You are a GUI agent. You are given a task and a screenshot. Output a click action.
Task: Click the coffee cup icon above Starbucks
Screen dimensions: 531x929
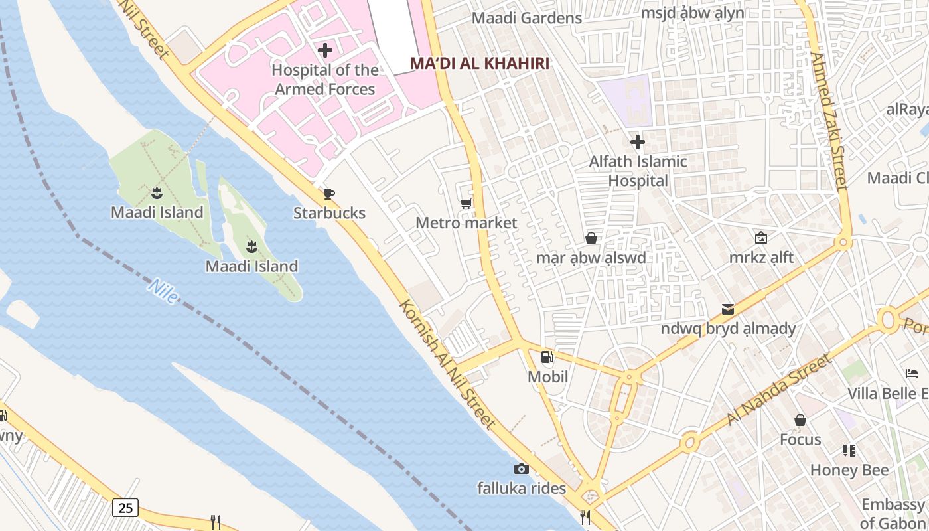[328, 194]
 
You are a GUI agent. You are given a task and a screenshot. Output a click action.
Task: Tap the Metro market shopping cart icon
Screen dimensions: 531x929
[466, 203]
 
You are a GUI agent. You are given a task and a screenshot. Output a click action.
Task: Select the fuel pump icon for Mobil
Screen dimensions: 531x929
[547, 358]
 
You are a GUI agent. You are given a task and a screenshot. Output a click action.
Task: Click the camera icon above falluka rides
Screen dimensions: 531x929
[522, 469]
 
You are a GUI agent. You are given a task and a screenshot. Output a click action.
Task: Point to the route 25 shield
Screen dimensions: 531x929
[125, 508]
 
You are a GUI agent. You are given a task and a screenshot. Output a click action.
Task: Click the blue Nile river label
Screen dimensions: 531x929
[163, 291]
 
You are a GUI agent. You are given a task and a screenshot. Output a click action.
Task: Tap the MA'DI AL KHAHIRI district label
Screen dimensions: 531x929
[480, 64]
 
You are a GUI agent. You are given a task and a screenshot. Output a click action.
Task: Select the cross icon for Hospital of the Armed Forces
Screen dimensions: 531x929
[325, 50]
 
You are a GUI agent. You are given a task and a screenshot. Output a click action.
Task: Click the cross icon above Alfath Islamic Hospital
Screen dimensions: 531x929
[638, 142]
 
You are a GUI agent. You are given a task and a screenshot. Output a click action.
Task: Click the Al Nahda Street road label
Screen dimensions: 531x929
[778, 390]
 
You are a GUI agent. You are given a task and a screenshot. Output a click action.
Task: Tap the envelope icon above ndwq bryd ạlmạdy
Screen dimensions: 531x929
[728, 309]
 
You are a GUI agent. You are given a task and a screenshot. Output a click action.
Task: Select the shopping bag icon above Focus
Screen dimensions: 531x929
[800, 420]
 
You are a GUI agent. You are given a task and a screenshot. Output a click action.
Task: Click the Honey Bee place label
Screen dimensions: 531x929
[849, 471]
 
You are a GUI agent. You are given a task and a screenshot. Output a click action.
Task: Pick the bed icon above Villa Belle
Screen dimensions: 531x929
[912, 374]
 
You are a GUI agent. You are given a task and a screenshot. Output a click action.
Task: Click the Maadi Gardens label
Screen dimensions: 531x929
[527, 18]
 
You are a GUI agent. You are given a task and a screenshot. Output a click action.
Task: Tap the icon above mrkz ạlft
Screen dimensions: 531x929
[761, 237]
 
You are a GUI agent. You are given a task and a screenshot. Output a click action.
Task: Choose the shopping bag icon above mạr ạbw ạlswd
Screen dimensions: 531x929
[591, 238]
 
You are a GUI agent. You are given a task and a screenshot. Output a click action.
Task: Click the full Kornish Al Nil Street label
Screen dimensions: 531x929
[448, 364]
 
